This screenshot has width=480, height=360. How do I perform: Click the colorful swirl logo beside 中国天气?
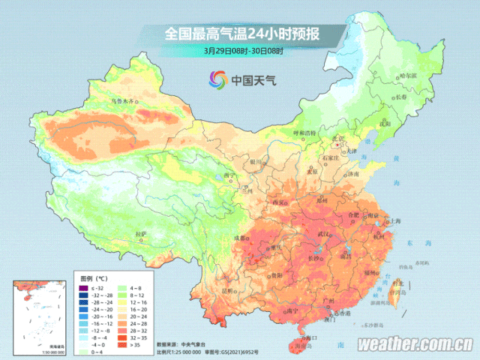click(x=217, y=79)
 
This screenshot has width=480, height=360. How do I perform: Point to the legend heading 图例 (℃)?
click(x=94, y=278)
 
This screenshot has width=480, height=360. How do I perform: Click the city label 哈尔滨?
click(x=406, y=76)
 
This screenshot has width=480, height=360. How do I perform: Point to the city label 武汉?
click(x=324, y=235)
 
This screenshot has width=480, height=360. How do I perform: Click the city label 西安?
click(x=279, y=202)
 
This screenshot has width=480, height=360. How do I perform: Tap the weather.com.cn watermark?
click(x=414, y=345)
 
